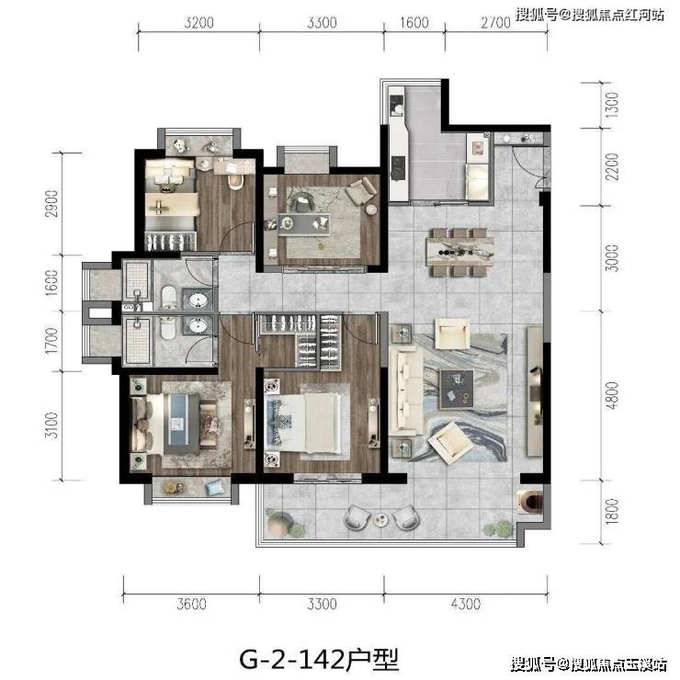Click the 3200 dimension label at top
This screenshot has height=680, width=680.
(x=199, y=23)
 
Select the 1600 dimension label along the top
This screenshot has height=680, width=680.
(x=414, y=23)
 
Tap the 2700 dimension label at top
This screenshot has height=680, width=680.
(x=495, y=23)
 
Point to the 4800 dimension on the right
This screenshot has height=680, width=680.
(x=612, y=395)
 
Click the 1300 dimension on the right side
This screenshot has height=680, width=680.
(x=612, y=105)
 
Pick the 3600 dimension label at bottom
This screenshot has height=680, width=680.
(x=191, y=604)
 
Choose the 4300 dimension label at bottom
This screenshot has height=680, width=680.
(x=466, y=604)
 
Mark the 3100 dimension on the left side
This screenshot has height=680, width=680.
(x=51, y=425)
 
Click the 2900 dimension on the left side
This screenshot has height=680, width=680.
(x=51, y=204)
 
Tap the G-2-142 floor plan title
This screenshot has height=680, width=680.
(x=319, y=660)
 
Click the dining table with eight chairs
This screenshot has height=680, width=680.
(x=459, y=252)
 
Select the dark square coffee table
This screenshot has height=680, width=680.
(x=457, y=390)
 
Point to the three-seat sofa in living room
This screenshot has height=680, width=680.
(x=406, y=392)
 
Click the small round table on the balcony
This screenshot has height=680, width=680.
(x=380, y=519)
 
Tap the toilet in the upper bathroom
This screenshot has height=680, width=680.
(x=168, y=298)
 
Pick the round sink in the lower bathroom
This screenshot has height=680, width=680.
(x=198, y=325)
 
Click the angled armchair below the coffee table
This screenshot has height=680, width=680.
(x=449, y=442)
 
